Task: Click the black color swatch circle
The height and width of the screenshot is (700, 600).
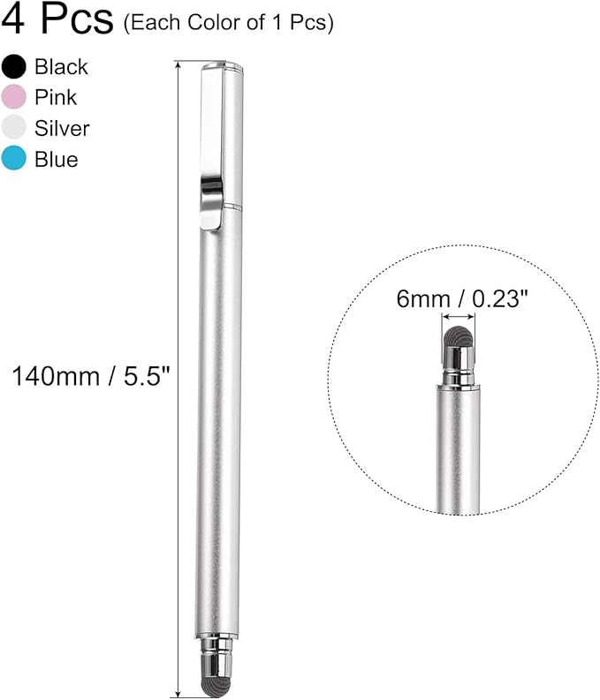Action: click(x=14, y=67)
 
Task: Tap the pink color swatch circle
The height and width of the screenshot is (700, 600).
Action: click(x=14, y=97)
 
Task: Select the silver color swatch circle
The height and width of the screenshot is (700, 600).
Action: click(x=14, y=128)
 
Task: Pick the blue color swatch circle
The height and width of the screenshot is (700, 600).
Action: click(x=14, y=159)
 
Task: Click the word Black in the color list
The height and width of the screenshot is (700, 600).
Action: click(x=61, y=67)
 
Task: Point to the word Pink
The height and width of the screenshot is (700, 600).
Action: click(x=56, y=97)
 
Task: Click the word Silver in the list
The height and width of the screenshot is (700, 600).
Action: click(x=62, y=128)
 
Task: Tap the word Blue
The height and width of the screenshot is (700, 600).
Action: click(x=57, y=159)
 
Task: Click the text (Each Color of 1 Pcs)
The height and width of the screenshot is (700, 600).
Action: click(x=228, y=23)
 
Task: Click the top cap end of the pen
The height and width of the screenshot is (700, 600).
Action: click(x=221, y=67)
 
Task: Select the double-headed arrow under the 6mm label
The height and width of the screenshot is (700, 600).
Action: click(x=458, y=317)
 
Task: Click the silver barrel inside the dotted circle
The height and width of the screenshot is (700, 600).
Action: click(x=458, y=450)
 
